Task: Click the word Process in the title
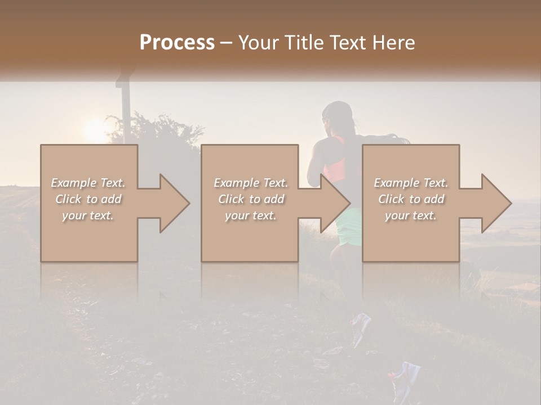click(x=177, y=43)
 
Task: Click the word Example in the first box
click(x=73, y=183)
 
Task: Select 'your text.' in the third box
click(x=411, y=215)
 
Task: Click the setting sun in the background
click(x=93, y=129)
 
